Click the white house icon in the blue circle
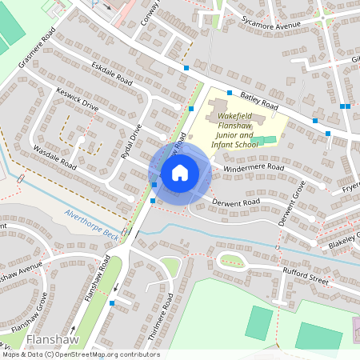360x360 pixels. click(180, 172)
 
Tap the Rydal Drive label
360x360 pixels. click(130, 142)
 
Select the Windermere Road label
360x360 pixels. click(254, 169)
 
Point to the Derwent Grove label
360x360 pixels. click(293, 207)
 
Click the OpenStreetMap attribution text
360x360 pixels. click(80, 354)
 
